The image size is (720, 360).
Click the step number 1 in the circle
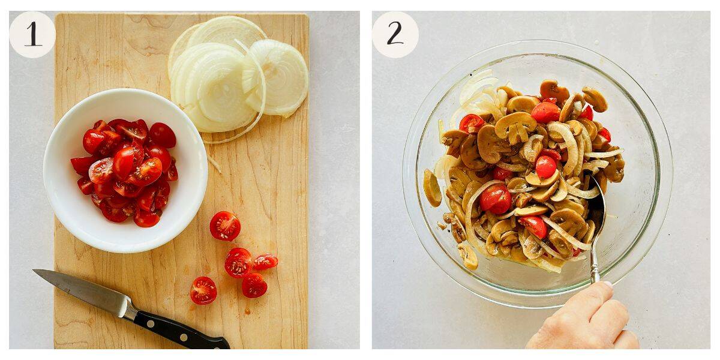32,34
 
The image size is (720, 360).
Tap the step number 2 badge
395,34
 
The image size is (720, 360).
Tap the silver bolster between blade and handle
127,308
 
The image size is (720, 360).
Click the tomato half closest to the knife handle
203,290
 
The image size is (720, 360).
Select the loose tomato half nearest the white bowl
225,226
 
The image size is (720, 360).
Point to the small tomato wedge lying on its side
265,262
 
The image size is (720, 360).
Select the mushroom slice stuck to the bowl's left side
431,187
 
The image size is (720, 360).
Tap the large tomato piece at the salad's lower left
496,198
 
